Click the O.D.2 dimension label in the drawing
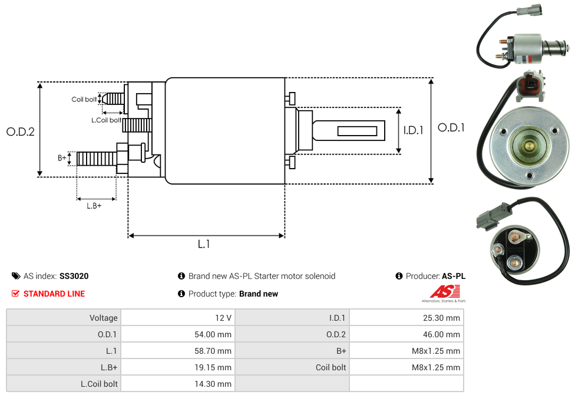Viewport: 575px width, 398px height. tap(21, 131)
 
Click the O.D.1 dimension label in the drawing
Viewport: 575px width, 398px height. tap(451, 127)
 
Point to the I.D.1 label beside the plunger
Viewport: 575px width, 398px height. tap(414, 130)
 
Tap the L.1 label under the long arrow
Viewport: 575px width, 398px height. tap(204, 244)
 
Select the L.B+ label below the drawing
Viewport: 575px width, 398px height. tap(94, 206)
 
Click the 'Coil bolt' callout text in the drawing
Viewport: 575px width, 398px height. tap(84, 99)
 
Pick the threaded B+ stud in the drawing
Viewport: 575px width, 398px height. tap(97, 159)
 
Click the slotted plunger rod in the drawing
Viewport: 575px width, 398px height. tap(349, 130)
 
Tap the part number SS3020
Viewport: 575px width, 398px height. tap(74, 276)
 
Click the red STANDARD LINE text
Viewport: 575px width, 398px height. tap(54, 294)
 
